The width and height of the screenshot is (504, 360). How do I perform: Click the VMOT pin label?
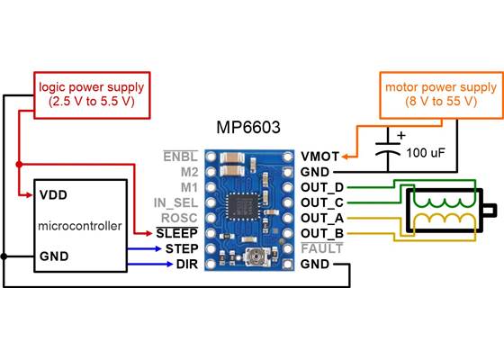click(319, 155)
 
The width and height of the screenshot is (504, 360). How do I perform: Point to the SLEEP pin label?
click(180, 233)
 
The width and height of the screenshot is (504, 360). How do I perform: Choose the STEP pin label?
click(183, 248)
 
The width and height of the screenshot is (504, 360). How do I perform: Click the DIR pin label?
click(187, 264)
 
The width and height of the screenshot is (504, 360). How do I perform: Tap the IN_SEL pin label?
click(175, 202)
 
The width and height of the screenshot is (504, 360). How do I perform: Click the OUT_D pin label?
click(324, 186)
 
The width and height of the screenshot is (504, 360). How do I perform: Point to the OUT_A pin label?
click(324, 217)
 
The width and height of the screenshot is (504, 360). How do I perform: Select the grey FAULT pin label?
click(322, 248)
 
